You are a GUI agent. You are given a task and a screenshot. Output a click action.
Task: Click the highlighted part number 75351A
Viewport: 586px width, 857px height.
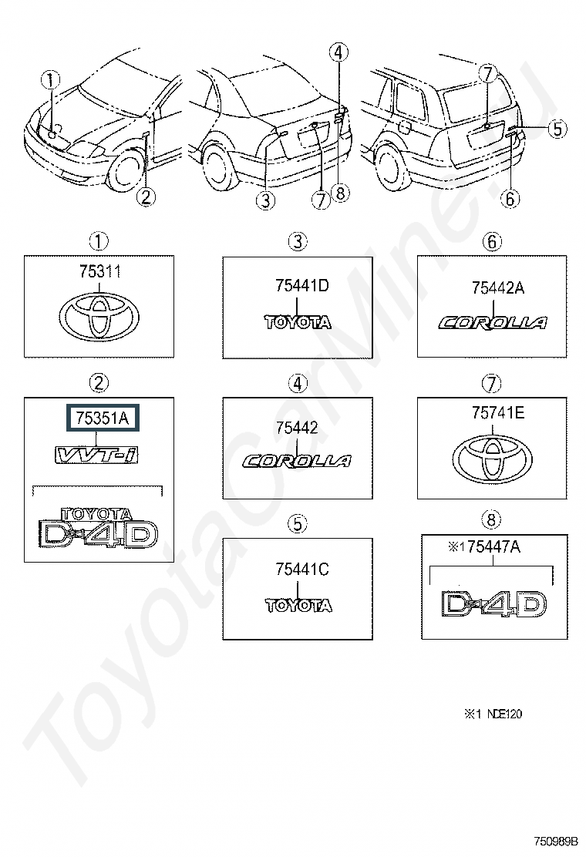point(103,418)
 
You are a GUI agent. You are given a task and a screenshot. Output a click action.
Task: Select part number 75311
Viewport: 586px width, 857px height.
point(99,271)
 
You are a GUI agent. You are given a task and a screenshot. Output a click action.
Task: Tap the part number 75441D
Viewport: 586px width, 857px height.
point(301,285)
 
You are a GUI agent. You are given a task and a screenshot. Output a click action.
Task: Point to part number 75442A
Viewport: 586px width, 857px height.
point(497,287)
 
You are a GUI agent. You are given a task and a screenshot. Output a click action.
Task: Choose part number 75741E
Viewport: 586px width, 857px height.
point(497,412)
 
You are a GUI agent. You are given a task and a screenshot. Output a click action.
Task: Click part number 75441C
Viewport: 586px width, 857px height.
point(301,570)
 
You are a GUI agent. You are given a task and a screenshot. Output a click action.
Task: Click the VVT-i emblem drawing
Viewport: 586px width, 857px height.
point(95,454)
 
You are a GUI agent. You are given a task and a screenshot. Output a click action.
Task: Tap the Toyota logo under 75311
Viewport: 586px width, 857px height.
point(99,317)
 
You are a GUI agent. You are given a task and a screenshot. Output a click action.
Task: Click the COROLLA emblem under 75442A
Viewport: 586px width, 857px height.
point(493,323)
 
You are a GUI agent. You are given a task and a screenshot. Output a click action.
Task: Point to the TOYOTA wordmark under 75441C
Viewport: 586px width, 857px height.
point(298,606)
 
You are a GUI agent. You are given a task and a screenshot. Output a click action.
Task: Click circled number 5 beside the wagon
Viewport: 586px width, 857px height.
point(557,129)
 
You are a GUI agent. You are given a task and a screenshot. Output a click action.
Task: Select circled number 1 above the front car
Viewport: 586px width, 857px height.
point(51,81)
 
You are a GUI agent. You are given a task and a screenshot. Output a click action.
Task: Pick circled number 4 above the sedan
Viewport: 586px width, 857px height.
point(338,53)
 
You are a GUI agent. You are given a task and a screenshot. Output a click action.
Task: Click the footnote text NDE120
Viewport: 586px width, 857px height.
point(504,714)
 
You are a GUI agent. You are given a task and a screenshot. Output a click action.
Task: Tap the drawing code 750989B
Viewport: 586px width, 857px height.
point(556,840)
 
